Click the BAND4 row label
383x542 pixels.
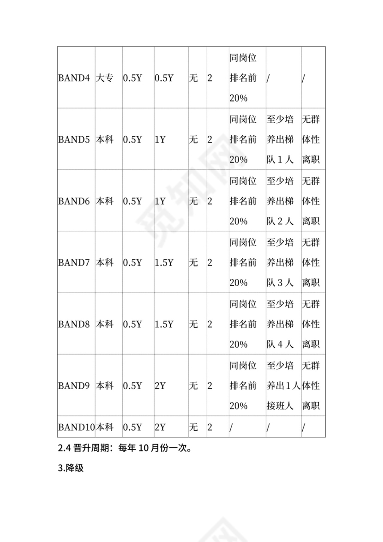74,78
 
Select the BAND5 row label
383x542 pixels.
74,139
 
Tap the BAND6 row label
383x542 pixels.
74,201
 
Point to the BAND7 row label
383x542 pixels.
74,262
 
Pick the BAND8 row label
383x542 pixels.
74,324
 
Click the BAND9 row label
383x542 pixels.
74,385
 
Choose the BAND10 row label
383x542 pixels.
76,427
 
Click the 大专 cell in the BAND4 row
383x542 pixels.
104,78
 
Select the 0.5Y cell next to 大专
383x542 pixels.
132,78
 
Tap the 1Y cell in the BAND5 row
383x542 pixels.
160,139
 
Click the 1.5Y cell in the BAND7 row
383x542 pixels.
164,262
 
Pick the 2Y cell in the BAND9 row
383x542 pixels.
160,385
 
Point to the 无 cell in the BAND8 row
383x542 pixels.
193,324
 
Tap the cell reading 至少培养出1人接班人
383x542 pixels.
283,385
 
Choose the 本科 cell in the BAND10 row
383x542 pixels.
104,427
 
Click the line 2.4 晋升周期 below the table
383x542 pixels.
125,448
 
